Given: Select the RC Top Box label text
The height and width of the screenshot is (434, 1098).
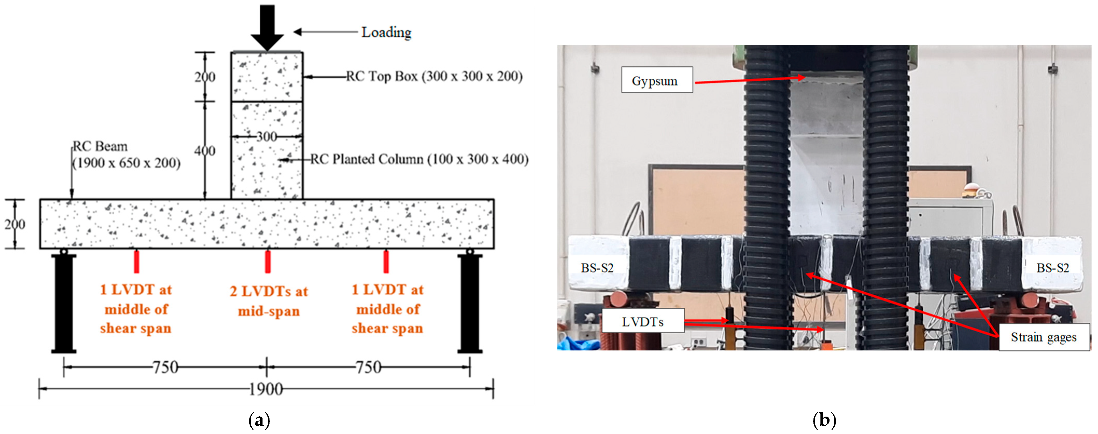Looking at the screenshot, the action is tap(434, 76).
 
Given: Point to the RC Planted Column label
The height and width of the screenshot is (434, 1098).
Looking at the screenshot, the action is tap(419, 159).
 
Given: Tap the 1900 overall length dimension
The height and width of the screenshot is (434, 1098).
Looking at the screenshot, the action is tap(266, 389).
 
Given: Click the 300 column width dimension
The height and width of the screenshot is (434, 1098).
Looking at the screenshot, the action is tap(267, 137).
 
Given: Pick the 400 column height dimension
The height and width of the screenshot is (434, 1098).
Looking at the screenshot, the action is tap(205, 151).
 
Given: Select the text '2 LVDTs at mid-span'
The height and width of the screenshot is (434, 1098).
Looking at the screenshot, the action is tap(268, 301).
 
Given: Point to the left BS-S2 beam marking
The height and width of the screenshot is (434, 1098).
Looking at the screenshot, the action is tap(597, 268).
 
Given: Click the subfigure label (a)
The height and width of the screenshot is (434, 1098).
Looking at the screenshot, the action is tap(259, 420).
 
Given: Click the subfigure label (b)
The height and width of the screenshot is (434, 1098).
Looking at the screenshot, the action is tap(824, 420).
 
